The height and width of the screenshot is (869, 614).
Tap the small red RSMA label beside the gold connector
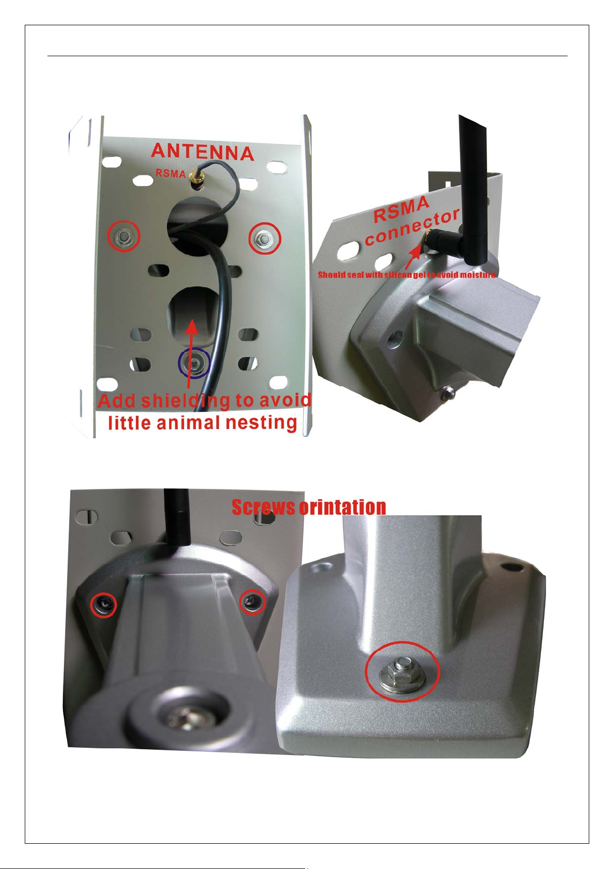[x=171, y=173]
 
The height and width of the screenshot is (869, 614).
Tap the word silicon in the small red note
[x=397, y=275]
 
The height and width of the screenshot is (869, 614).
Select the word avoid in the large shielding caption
[x=285, y=400]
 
